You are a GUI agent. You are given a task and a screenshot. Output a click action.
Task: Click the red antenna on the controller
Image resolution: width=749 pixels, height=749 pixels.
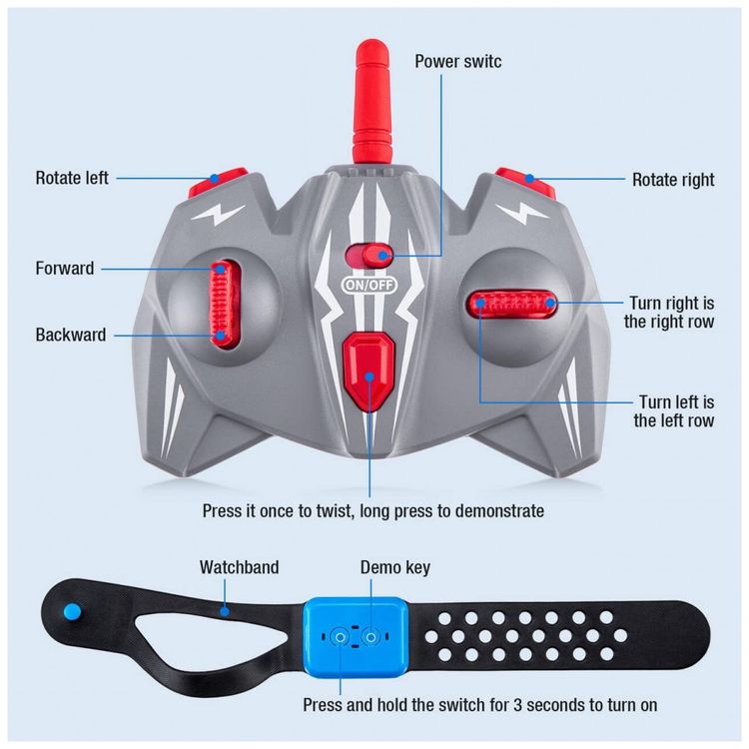click(x=372, y=103)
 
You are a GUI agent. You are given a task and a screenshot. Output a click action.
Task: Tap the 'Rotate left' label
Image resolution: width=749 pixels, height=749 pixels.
click(x=72, y=178)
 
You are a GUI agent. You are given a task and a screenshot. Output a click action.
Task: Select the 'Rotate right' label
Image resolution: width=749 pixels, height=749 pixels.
click(x=673, y=180)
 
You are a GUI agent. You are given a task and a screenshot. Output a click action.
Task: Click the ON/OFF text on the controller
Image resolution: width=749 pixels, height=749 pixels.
click(x=370, y=286)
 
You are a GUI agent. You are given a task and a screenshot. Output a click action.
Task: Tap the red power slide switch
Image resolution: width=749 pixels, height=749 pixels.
click(x=370, y=255)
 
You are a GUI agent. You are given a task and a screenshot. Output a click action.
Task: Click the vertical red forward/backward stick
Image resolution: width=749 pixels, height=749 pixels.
click(x=223, y=304)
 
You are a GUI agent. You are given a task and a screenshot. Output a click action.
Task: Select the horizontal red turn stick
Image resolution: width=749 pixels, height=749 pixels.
click(x=512, y=304)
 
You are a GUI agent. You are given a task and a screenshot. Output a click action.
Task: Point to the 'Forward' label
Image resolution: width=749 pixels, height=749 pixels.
click(x=65, y=269)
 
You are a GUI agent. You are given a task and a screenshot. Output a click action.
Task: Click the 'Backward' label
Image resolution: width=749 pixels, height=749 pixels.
click(x=71, y=335)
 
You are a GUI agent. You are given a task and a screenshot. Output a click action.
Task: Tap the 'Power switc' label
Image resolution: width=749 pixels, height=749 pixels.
click(x=458, y=61)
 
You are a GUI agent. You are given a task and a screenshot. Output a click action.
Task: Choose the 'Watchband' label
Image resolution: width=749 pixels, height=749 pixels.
click(x=239, y=567)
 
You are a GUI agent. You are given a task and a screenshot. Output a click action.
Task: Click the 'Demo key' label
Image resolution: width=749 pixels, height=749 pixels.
click(x=395, y=567)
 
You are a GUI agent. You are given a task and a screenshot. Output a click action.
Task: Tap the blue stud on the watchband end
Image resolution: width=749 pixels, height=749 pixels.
click(x=73, y=611)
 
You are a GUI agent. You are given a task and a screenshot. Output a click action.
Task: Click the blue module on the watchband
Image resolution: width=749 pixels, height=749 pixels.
click(x=356, y=637)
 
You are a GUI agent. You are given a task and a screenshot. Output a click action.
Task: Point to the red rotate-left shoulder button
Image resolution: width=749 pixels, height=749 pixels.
click(x=218, y=183)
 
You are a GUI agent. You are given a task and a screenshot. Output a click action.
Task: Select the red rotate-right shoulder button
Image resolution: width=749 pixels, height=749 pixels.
click(x=525, y=182)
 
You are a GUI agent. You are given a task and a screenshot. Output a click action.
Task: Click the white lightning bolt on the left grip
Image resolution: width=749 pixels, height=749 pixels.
click(x=219, y=215)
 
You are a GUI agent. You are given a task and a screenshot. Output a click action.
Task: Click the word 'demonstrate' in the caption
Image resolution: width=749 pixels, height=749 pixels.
click(x=499, y=510)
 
